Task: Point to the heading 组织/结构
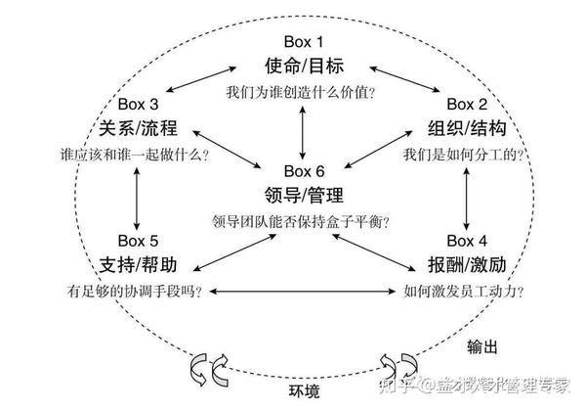pyautogui.click(x=465, y=127)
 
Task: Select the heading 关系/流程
pyautogui.click(x=140, y=127)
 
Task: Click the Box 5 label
pyautogui.click(x=139, y=240)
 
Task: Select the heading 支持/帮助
pyautogui.click(x=140, y=264)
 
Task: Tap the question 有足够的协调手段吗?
pyautogui.click(x=137, y=291)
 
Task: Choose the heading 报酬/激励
pyautogui.click(x=466, y=264)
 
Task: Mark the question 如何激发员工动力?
pyautogui.click(x=464, y=291)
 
